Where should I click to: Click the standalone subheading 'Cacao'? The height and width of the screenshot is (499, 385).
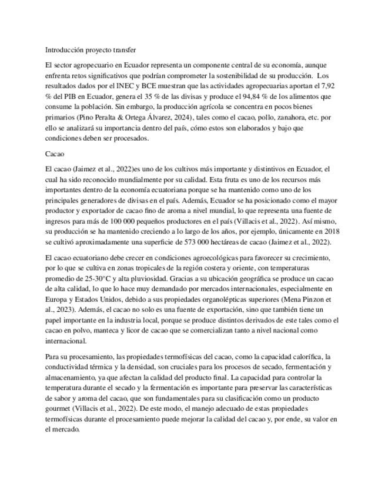(55, 154)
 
